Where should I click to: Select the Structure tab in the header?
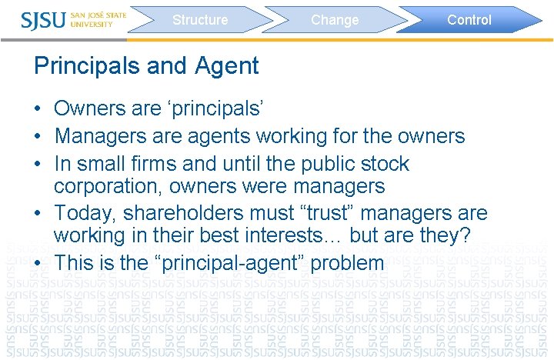click(x=200, y=20)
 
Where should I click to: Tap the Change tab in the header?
click(x=335, y=20)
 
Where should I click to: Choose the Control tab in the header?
click(x=469, y=20)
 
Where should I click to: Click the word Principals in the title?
click(x=88, y=66)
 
